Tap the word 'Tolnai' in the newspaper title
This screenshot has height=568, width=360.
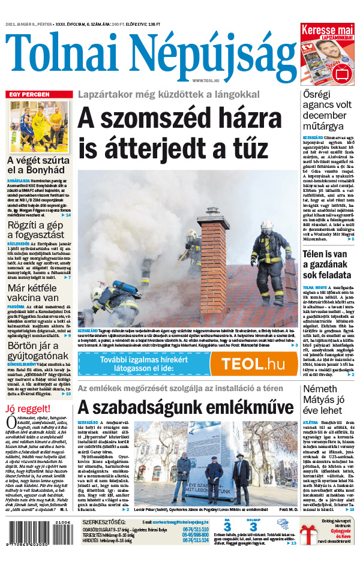click(74, 53)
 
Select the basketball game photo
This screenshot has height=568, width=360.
click(39, 126)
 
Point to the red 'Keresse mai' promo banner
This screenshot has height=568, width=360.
click(326, 29)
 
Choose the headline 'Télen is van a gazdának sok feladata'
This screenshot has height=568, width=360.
click(327, 264)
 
